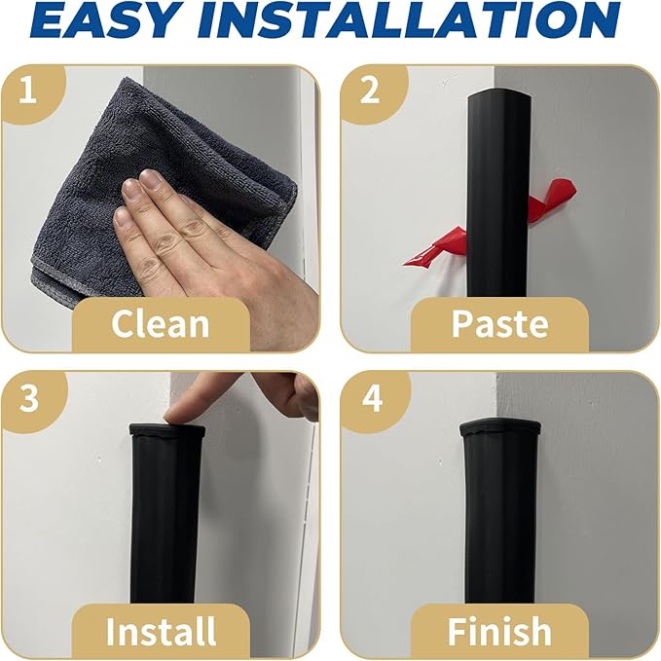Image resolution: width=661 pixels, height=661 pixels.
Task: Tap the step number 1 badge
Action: (x=28, y=92)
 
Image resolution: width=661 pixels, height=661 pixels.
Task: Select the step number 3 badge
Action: (x=28, y=399)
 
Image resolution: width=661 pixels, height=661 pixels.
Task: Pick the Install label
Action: (x=160, y=631)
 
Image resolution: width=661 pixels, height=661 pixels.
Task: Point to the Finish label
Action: (x=498, y=631)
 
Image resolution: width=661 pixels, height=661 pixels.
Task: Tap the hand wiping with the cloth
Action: (x=214, y=253)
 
